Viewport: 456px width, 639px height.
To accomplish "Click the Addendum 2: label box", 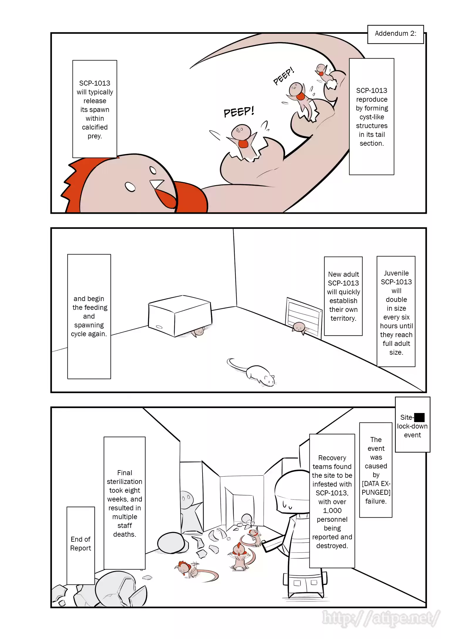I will click(x=395, y=34).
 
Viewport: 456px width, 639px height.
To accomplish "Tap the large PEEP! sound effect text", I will click(x=239, y=112).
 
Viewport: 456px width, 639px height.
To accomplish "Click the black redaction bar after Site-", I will click(x=419, y=417).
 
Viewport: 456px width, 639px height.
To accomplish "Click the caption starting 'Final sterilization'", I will click(x=124, y=503).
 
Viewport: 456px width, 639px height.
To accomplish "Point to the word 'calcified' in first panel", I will click(x=94, y=127).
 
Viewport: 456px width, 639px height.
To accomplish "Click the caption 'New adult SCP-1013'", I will click(x=343, y=296).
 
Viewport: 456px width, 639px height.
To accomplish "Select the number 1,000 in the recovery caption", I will click(x=332, y=510).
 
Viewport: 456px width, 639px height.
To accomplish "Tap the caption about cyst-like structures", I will click(x=371, y=117).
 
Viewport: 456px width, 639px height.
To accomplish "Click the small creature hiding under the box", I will click(x=199, y=332).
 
